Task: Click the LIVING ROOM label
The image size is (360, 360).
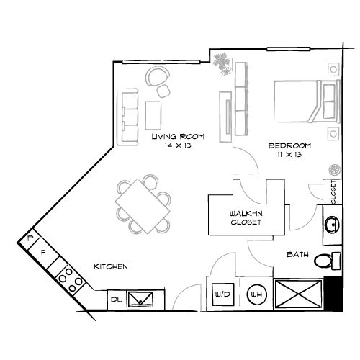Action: click(178, 135)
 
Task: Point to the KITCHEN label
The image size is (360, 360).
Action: click(111, 267)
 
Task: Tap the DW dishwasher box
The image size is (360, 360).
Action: click(117, 298)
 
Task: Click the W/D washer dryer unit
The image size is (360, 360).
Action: click(220, 294)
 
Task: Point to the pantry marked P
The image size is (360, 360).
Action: click(30, 238)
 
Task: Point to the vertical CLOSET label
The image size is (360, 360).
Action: click(335, 192)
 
